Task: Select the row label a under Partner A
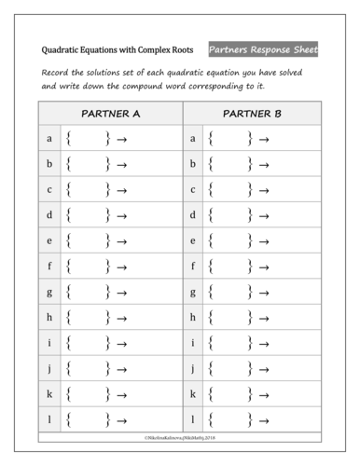(x=48, y=139)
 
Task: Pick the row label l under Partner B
(x=193, y=418)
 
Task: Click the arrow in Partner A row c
(x=122, y=190)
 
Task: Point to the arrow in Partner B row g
(x=265, y=292)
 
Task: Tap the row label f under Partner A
(x=48, y=266)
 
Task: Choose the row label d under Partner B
(x=193, y=215)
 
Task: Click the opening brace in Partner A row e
(x=70, y=240)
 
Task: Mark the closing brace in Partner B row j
(x=250, y=368)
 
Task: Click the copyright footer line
(x=180, y=435)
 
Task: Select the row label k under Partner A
(x=48, y=392)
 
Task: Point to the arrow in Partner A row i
(x=122, y=342)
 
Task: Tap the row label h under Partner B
(x=193, y=317)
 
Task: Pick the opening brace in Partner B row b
(x=213, y=165)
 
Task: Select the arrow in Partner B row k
(x=265, y=393)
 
